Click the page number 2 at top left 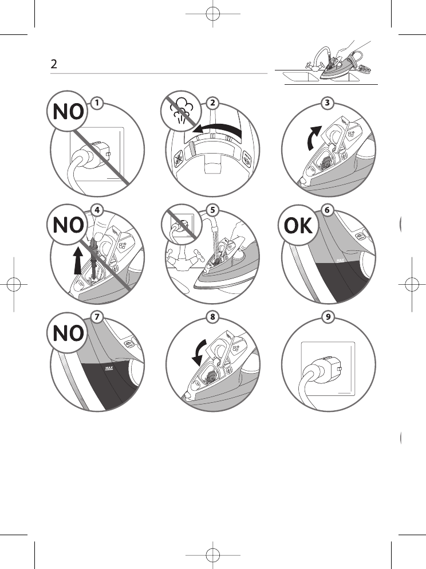54,64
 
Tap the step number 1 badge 97,103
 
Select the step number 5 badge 212,210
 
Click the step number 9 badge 328,317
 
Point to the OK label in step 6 298,226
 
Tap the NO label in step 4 68,225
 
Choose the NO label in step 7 68,333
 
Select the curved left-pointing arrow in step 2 218,127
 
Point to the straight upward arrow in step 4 78,260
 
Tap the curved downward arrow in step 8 199,351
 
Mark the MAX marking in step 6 340,261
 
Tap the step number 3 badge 328,103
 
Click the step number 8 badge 212,317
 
